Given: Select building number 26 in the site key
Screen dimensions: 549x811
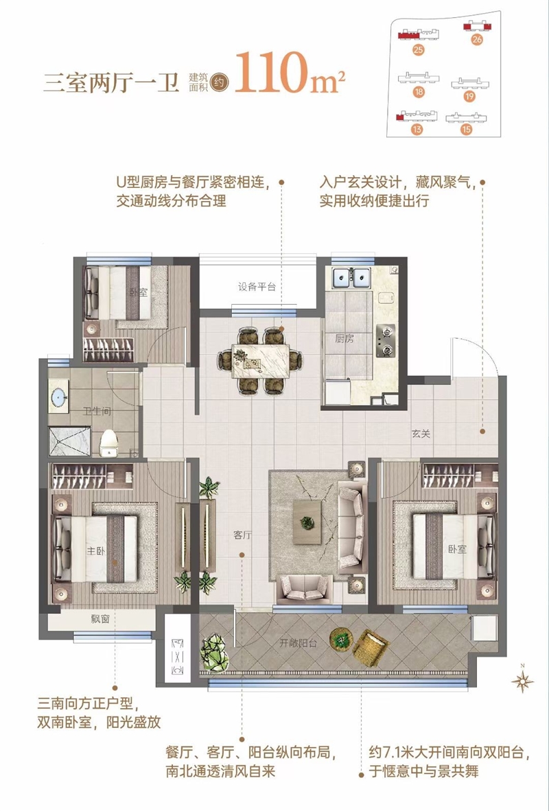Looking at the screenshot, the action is coord(476,39).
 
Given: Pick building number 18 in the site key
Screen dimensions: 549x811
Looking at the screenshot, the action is coord(419,92).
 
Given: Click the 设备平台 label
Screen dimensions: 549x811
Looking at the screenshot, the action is coord(257,287).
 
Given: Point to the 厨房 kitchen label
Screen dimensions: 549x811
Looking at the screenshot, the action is coord(344,339).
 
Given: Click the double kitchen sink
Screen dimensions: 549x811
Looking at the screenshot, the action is coord(351,278).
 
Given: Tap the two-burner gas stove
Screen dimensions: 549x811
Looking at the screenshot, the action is coord(385,340).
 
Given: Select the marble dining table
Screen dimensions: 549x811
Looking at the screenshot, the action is coord(261,360).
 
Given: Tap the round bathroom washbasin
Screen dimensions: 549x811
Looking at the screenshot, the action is coord(59,396).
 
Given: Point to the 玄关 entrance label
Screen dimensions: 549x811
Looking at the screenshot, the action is coord(421,434).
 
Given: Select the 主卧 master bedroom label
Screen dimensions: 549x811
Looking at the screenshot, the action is coord(95,551).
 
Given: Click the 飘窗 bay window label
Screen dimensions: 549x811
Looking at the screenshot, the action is coord(100,619).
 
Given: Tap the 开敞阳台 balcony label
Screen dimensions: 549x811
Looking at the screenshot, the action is coord(298,644).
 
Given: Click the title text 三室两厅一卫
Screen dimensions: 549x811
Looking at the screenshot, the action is coord(110,83).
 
